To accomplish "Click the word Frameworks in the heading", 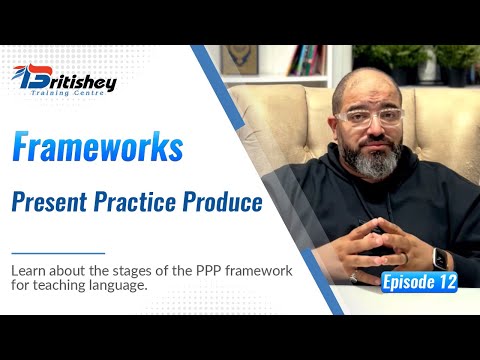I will click(98, 148).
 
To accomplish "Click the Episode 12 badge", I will click(419, 282).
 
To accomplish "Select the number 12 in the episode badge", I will click(443, 282).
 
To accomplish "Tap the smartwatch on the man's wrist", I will click(440, 257).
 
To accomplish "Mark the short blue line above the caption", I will click(58, 253).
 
